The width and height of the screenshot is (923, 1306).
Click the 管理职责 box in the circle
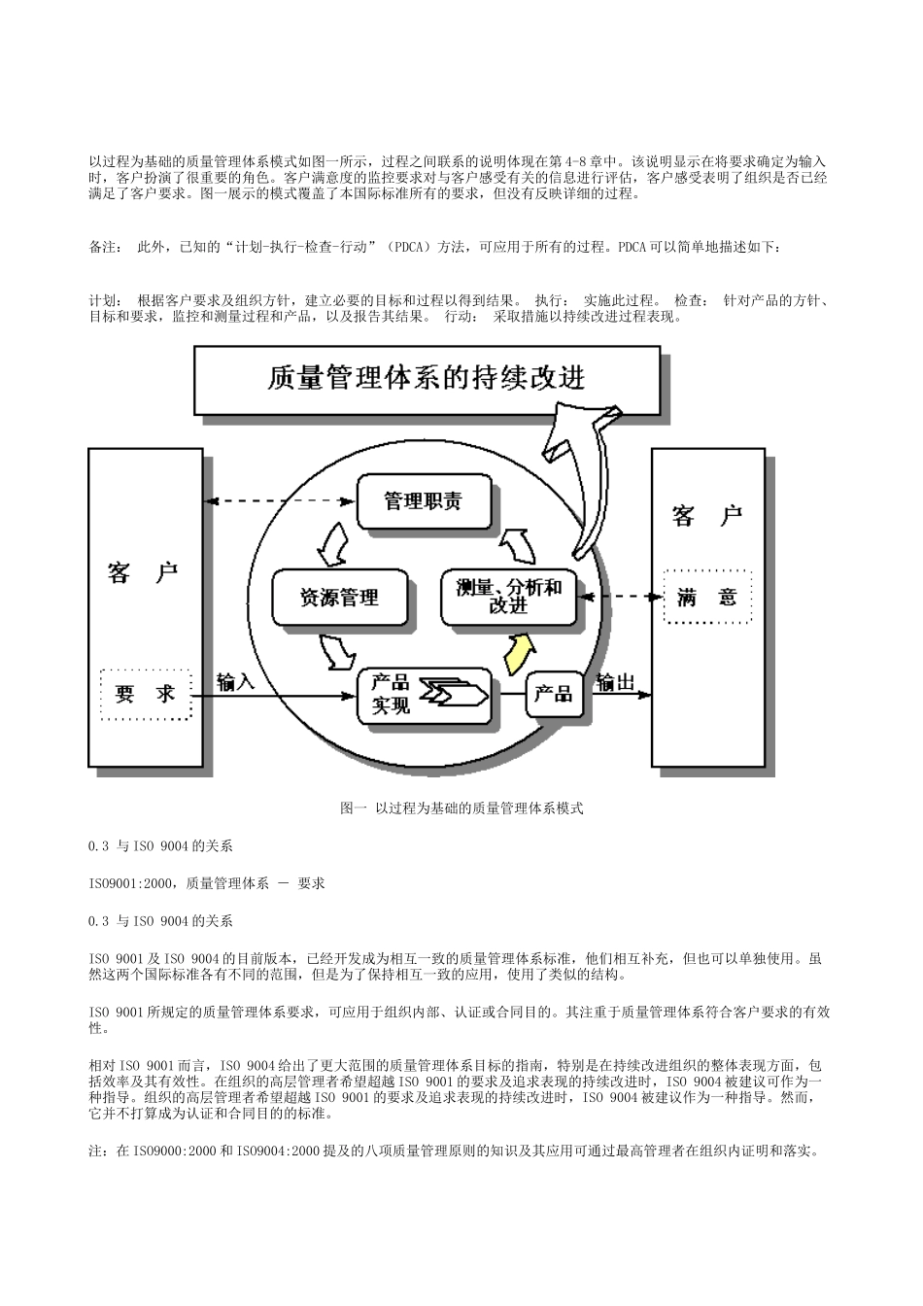[425, 501]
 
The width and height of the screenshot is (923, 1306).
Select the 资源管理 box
[339, 596]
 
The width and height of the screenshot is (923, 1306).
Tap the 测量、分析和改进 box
[508, 596]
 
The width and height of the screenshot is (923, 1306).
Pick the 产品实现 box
[426, 694]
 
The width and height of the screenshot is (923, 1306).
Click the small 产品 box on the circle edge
[554, 694]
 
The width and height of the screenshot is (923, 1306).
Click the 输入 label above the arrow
[236, 681]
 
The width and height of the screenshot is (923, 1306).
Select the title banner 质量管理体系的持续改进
[427, 377]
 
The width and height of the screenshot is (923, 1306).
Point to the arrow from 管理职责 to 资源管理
[334, 545]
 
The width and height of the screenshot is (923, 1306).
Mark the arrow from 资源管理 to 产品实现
[337, 650]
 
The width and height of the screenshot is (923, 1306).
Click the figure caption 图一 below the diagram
[461, 808]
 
